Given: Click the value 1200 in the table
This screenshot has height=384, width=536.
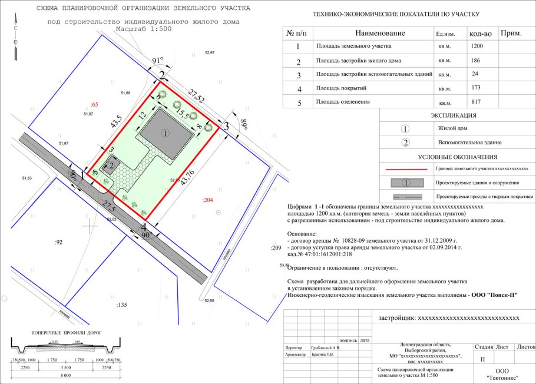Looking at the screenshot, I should [477, 45].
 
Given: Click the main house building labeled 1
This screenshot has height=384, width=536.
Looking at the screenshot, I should [166, 133].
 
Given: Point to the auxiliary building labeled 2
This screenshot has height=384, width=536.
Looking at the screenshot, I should [111, 166].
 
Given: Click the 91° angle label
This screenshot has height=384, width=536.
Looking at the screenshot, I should [157, 60].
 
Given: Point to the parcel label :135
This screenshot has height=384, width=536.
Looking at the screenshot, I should [122, 304].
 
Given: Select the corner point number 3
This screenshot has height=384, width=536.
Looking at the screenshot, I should [226, 125].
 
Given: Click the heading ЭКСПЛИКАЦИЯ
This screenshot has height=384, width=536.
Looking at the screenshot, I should [454, 115].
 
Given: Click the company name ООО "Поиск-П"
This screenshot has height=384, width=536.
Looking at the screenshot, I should [495, 294].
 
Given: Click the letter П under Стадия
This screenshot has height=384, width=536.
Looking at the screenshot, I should [483, 359].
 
